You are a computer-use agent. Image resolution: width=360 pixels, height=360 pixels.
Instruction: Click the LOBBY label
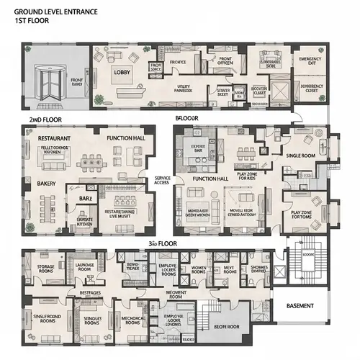click(x=120, y=72)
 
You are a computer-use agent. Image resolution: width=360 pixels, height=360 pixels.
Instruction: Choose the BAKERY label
click(x=37, y=184)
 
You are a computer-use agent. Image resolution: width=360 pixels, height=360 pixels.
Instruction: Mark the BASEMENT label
click(x=300, y=306)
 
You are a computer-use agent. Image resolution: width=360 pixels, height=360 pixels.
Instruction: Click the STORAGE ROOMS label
click(x=45, y=269)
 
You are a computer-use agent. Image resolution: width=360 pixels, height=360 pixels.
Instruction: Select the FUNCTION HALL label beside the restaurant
click(x=126, y=137)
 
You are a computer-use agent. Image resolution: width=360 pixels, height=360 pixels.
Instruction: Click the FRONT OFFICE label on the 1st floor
click(x=225, y=63)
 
